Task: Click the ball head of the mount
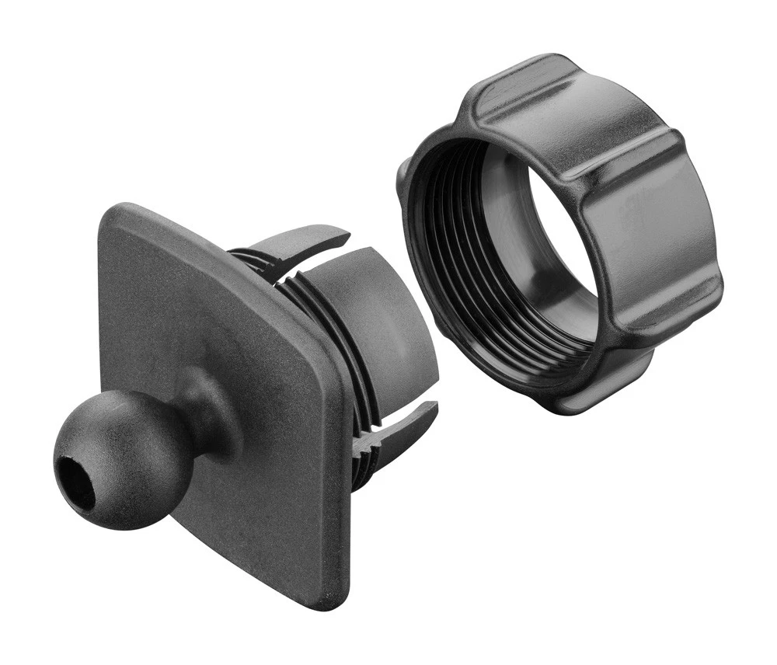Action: point(124,458)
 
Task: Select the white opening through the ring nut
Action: point(559,233)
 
